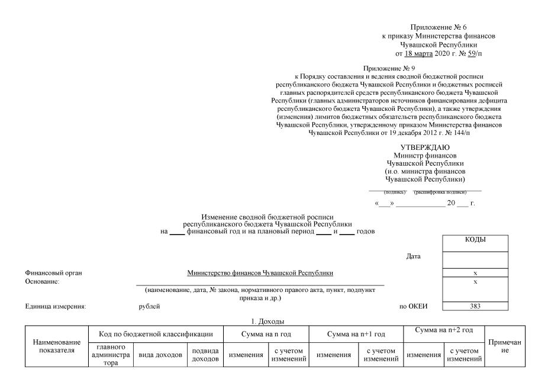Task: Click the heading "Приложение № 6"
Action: point(438,28)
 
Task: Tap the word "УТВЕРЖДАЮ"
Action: point(424,147)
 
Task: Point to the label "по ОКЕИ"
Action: point(414,306)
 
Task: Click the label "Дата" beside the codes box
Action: point(414,257)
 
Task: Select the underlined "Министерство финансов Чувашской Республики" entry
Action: point(260,273)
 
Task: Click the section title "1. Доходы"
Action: point(267,320)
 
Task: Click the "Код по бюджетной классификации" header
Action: point(155,335)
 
